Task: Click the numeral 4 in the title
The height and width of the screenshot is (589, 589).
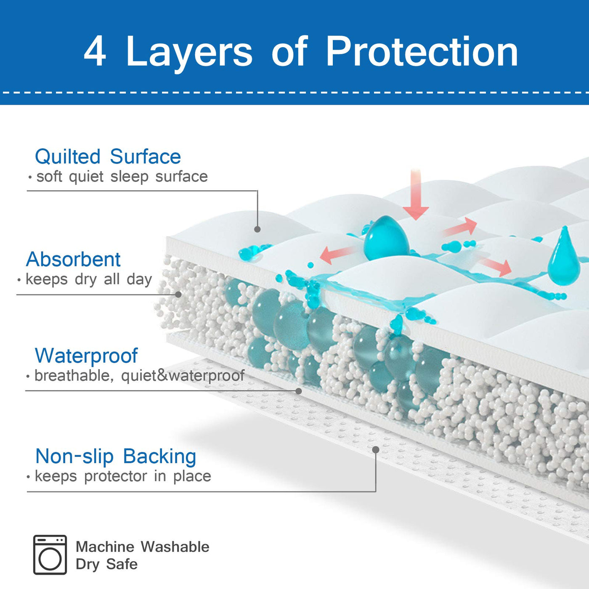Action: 95,51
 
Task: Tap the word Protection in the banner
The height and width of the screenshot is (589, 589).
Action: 422,51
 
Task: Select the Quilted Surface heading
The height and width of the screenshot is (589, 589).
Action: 108,157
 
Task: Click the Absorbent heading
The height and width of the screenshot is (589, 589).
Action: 73,259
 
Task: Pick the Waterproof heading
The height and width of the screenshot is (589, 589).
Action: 86,356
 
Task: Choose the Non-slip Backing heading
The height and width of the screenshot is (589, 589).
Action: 116,456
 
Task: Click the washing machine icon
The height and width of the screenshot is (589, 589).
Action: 50,555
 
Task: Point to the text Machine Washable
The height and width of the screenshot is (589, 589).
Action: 142,547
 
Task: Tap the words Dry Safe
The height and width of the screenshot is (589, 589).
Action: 106,564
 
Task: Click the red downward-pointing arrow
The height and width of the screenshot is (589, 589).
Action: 416,196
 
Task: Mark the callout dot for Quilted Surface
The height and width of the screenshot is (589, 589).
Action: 257,229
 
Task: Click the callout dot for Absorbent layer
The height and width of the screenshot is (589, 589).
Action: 178,294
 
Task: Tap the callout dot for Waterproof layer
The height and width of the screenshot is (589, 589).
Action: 299,391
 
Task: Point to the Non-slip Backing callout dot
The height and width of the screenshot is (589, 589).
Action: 376,450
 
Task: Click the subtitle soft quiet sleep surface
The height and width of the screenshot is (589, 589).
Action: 122,177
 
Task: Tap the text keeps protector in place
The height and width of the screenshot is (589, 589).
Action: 122,476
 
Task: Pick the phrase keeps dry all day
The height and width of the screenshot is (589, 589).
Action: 88,279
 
